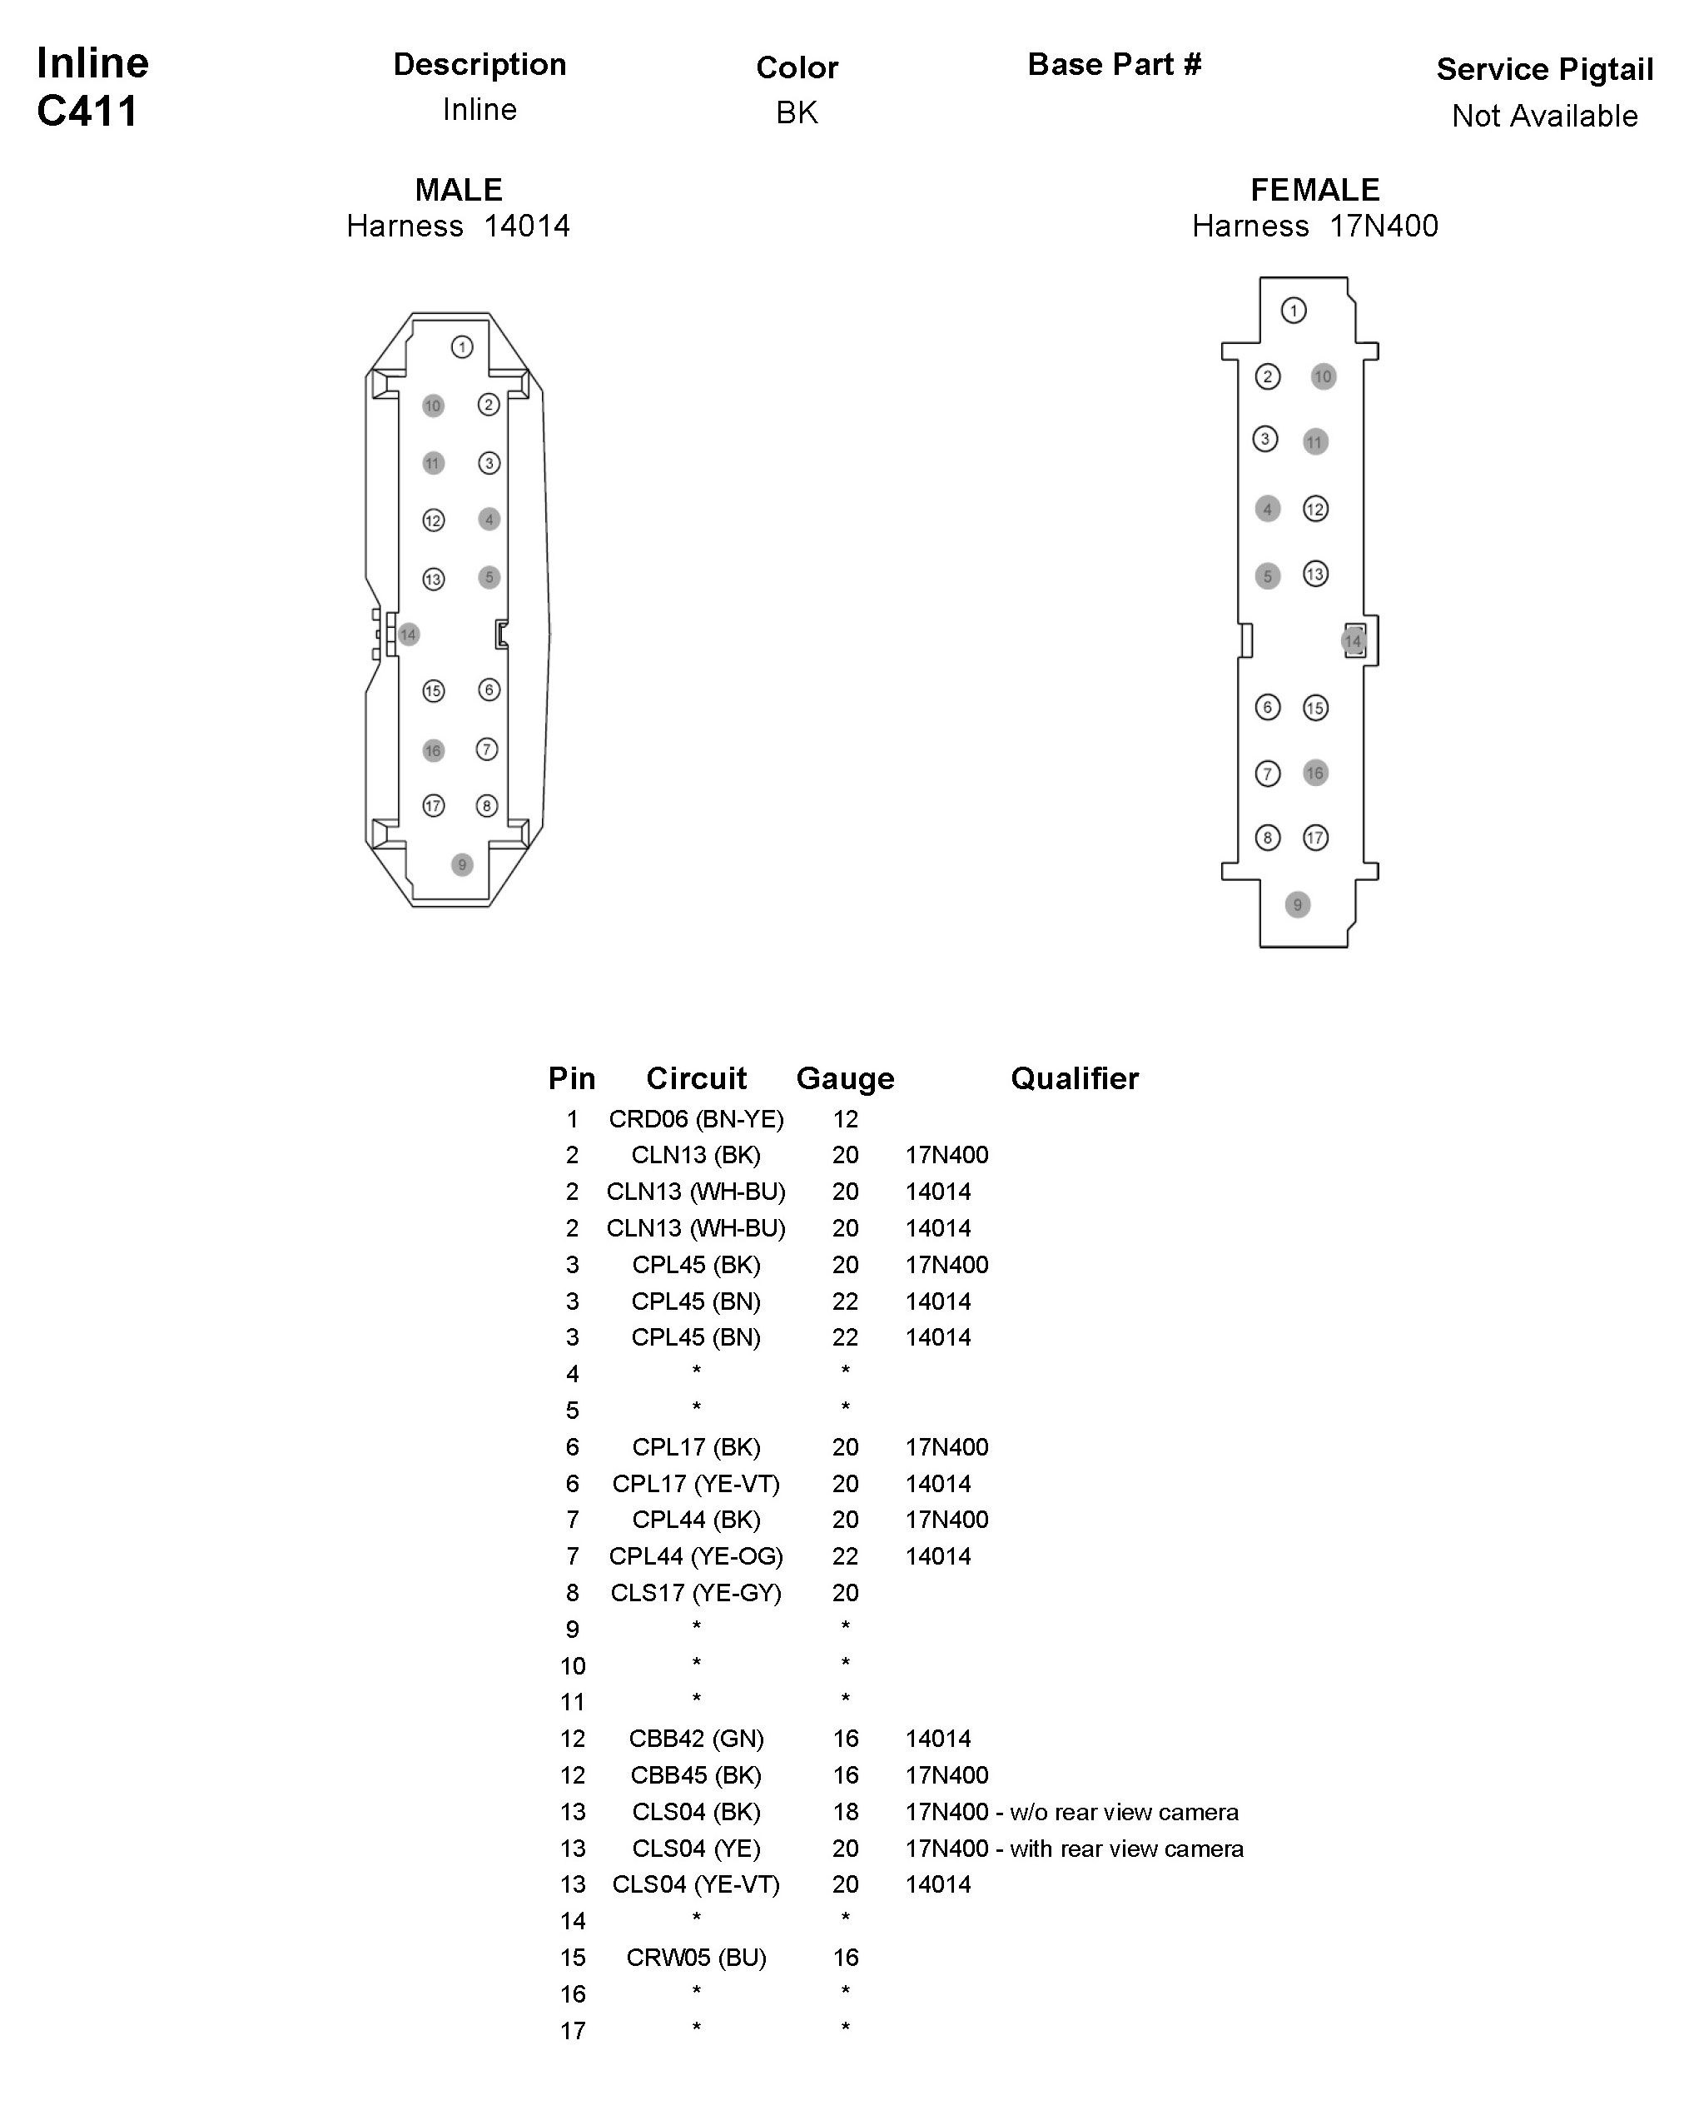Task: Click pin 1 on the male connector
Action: tap(462, 347)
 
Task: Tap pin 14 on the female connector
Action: tap(1353, 641)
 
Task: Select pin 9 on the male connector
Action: tap(462, 865)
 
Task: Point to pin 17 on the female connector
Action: tap(1315, 838)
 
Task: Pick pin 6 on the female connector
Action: tap(1267, 707)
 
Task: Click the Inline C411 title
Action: tap(92, 87)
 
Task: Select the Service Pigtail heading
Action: tap(1544, 70)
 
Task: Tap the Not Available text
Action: tap(1544, 116)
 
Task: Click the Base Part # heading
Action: tap(1115, 65)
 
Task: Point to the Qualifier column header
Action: tap(1074, 1079)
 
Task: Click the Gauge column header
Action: tap(845, 1079)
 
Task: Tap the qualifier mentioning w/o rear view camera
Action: tap(1071, 1812)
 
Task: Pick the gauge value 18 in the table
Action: tap(845, 1812)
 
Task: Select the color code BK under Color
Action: tap(797, 112)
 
